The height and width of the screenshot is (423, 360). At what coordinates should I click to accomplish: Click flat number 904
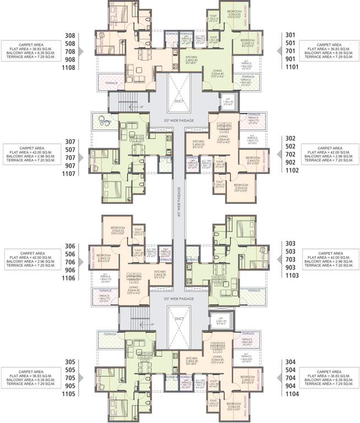[x=291, y=388]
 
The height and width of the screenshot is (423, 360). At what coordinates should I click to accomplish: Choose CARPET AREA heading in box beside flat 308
[x=32, y=44]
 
